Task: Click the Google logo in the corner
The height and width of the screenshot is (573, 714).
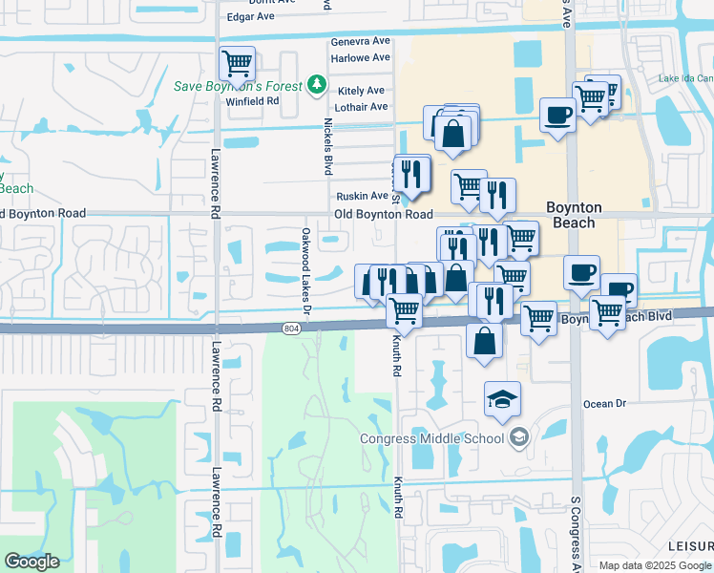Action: coord(31,562)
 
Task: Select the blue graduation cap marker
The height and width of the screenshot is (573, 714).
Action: coord(502,399)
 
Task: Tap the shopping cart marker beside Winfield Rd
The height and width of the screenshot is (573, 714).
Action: coord(237,65)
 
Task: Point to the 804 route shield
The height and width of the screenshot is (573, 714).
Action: coord(291,328)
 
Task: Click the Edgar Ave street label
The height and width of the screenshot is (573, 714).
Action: coord(251,16)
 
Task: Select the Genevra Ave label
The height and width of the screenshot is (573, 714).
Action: coord(361,42)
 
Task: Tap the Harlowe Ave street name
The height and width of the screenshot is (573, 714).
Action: coord(361,57)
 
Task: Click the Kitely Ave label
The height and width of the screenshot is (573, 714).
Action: coord(362,91)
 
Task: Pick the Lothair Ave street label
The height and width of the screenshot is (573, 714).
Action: coord(362,106)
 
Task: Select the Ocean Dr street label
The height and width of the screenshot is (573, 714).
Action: coord(604,404)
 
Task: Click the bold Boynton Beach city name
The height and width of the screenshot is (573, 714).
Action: coord(573,215)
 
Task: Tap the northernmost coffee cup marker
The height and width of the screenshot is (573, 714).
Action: coord(556,115)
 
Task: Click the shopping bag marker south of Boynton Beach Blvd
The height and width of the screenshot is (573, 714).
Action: coord(485,341)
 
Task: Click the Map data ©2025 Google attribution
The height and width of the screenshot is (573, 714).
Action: coord(655,565)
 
